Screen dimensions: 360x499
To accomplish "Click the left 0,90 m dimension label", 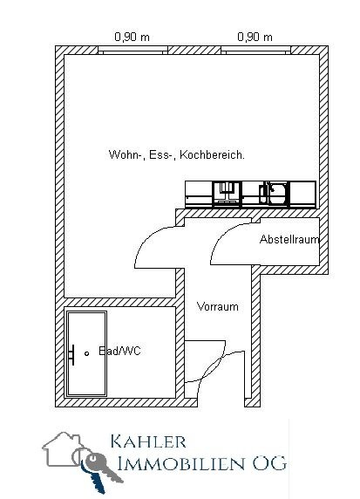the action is click(132, 38).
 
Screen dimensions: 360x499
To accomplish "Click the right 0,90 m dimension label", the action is click(255, 38).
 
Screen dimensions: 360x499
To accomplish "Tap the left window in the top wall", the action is click(132, 50).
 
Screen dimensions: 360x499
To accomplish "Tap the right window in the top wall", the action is click(255, 50).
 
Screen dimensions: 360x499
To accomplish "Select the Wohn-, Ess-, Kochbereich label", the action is click(177, 155).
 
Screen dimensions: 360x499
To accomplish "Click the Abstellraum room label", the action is click(289, 239).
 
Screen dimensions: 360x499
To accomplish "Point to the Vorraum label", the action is click(218, 307).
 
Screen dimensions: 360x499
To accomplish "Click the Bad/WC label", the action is click(120, 351).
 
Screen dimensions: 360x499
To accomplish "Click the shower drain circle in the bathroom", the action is click(86, 353).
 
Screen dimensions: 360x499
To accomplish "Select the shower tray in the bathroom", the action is click(86, 353).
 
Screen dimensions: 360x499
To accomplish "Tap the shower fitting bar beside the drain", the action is click(72, 355).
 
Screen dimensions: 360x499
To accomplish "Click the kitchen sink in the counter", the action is click(275, 193).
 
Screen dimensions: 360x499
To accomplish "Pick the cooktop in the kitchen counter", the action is click(227, 194).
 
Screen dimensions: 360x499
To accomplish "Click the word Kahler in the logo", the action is click(148, 441).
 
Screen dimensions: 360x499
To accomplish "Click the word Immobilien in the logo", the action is click(181, 464).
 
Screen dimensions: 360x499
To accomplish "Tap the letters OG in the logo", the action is click(269, 464).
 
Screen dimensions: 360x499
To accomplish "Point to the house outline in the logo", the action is click(63, 449).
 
